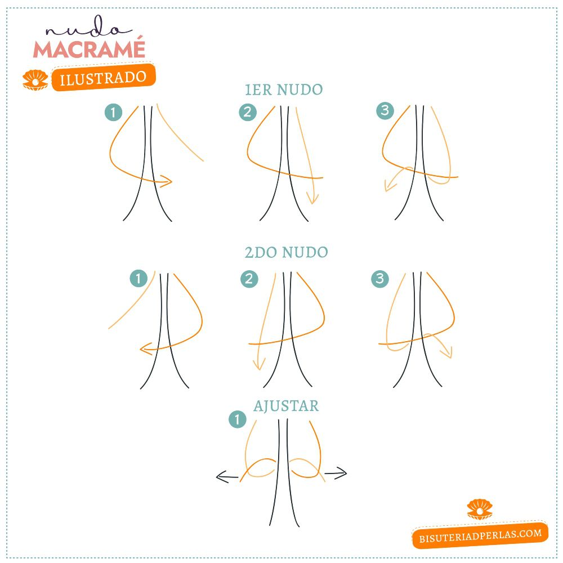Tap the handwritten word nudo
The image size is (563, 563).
pos(88,27)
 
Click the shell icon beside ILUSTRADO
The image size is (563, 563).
pos(35,80)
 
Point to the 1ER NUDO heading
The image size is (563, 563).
pos(284,90)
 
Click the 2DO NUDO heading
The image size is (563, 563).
pos(286,252)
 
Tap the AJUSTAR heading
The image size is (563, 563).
pos(286,406)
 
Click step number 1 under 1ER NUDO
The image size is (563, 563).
pos(114,113)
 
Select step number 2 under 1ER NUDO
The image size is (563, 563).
pos(248,112)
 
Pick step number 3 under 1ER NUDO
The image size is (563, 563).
pos(385,110)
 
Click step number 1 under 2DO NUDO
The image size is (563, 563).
pos(138,278)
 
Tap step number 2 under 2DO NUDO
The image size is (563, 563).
pos(249,279)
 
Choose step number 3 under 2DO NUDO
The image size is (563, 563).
pos(380,279)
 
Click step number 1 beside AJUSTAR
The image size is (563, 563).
pos(238,419)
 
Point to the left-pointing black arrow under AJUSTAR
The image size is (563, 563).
pos(227,477)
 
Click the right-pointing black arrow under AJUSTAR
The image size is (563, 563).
pos(336,473)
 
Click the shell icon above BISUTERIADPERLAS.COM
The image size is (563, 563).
pos(480,509)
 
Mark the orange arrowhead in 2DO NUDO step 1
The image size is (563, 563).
pos(145,348)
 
